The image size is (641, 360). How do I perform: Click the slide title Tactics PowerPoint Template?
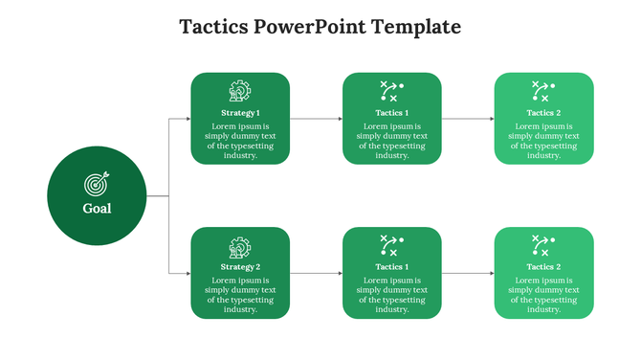click(320, 26)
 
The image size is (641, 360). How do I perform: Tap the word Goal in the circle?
click(97, 208)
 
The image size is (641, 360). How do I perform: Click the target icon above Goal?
click(97, 182)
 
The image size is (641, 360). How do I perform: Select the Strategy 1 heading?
click(240, 113)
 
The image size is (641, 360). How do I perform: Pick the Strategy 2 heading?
click(240, 267)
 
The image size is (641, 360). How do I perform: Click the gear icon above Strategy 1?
click(240, 92)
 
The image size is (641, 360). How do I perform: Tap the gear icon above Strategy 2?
click(240, 247)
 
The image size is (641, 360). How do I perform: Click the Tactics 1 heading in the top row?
click(392, 113)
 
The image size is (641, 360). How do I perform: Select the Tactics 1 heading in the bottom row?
click(392, 267)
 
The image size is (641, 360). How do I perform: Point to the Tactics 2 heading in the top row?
click(543, 113)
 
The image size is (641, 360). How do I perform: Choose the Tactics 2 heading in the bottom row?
click(543, 267)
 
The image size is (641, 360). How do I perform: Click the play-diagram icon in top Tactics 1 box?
click(391, 92)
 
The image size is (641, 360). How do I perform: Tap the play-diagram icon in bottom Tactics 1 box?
click(391, 246)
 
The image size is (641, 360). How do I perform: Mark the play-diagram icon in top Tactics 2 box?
click(543, 92)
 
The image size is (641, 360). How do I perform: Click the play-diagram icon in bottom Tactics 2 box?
click(543, 246)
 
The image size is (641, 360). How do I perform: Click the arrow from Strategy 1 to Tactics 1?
click(316, 119)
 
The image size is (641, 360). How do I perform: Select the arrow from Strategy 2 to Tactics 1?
click(316, 274)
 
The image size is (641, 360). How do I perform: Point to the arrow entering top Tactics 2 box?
click(468, 119)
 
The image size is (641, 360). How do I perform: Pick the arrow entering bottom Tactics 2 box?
click(468, 274)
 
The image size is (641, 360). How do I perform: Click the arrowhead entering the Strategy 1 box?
click(188, 119)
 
